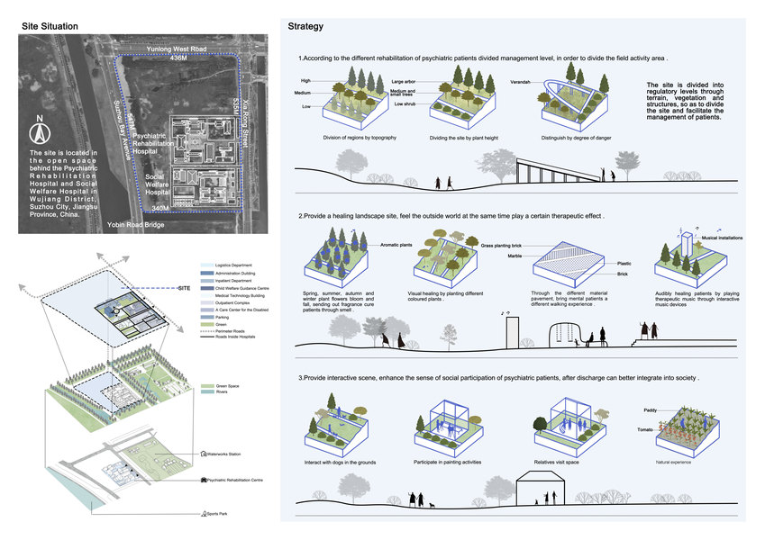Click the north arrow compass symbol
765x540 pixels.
(39, 134)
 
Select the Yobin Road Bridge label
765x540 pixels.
(135, 224)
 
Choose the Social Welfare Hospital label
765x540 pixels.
(160, 184)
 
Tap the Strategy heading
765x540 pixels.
(305, 26)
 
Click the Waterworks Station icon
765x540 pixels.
(202, 454)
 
